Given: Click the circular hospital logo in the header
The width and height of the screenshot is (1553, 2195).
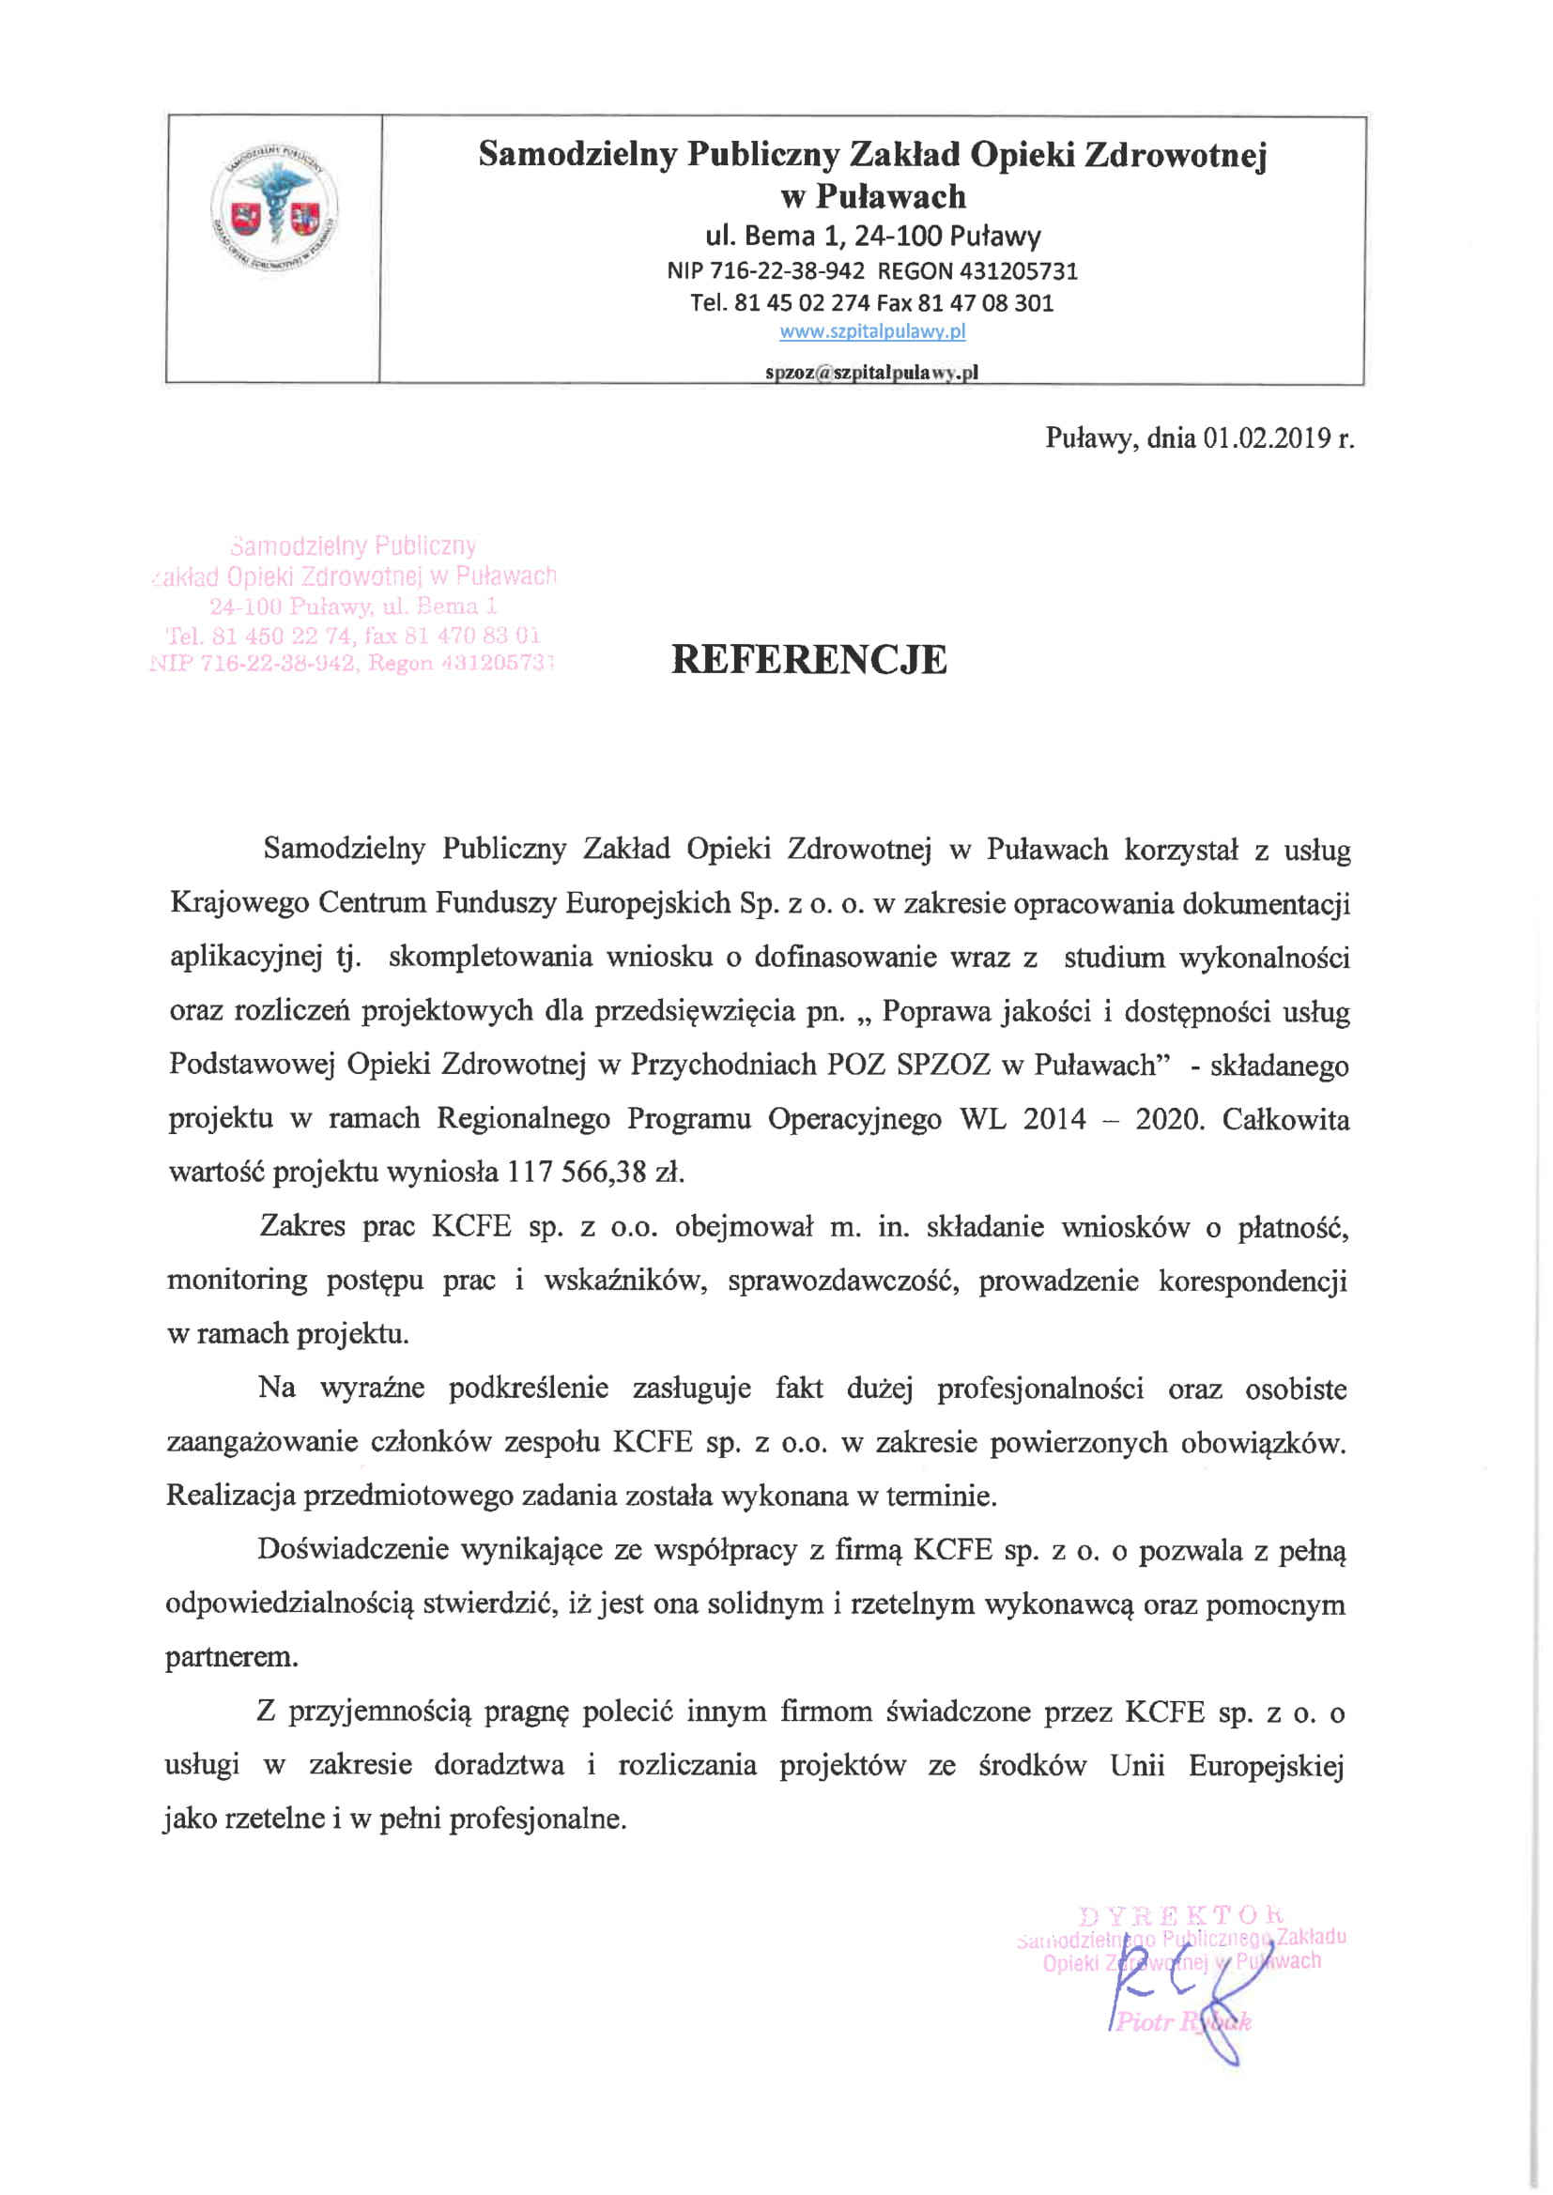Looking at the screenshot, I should click(x=273, y=207).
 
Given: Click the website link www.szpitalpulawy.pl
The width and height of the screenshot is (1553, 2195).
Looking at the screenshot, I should click(x=872, y=331).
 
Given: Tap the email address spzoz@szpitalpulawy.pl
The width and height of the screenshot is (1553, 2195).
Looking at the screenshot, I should click(x=871, y=373).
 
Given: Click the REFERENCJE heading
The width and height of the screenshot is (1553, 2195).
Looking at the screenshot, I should click(x=809, y=660).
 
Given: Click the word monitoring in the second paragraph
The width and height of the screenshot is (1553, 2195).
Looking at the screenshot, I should click(x=238, y=1280).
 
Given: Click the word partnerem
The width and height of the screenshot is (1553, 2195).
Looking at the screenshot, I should click(x=231, y=1658).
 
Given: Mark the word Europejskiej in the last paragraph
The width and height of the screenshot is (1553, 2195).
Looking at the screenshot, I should click(x=1266, y=1765).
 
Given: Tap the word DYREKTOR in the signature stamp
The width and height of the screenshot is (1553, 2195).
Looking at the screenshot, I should click(x=1181, y=1916).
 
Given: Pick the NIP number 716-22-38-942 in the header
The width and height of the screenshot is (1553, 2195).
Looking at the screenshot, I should click(x=786, y=271).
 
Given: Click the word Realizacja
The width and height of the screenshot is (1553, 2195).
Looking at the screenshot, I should click(x=230, y=1497).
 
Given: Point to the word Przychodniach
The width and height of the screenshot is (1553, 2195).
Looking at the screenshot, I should click(x=723, y=1065).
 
